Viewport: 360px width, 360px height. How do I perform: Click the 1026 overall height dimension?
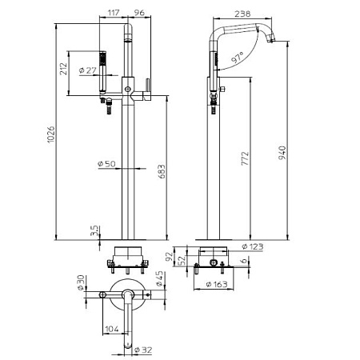pyautogui.click(x=51, y=134)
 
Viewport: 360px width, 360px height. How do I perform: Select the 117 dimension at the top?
pyautogui.click(x=114, y=13)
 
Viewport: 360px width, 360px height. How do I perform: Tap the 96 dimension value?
pyautogui.click(x=139, y=13)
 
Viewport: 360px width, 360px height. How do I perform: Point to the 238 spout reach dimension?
pyautogui.click(x=242, y=14)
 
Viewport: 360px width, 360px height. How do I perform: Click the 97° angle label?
pyautogui.click(x=238, y=58)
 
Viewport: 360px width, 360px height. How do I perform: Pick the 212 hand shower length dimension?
pyautogui.click(x=63, y=69)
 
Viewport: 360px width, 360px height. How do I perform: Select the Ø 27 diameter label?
pyautogui.click(x=88, y=70)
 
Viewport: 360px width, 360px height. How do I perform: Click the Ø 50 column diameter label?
pyautogui.click(x=106, y=163)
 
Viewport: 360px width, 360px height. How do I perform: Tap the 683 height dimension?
pyautogui.click(x=162, y=171)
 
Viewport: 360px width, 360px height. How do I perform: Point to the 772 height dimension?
pyautogui.click(x=245, y=158)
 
